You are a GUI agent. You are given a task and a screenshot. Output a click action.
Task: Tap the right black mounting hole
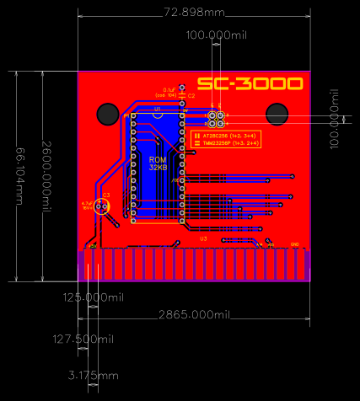[x=277, y=113]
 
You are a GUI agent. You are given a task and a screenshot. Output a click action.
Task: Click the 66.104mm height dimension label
[x=19, y=174]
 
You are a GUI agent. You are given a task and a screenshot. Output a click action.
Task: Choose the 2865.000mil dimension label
[x=195, y=314]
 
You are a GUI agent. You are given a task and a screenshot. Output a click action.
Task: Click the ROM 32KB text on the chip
[x=158, y=163]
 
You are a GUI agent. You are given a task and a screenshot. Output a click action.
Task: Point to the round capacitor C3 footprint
[x=103, y=206]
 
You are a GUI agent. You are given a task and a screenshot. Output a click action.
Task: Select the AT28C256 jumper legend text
[x=223, y=135]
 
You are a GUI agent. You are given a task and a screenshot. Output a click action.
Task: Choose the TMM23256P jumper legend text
[x=223, y=144]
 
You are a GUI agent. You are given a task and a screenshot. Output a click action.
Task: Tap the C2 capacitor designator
[x=191, y=96]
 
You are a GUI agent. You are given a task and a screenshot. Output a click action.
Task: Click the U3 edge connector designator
[x=203, y=239]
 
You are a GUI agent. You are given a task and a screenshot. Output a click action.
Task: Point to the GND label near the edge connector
[x=295, y=244]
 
